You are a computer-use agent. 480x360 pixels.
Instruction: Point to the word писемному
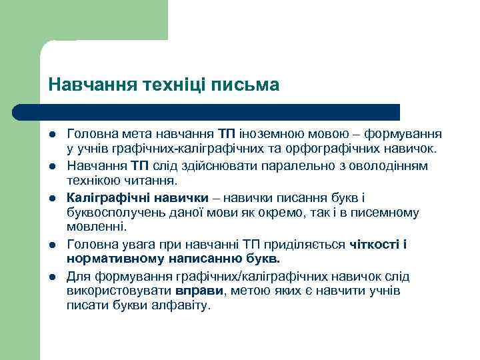click(385, 213)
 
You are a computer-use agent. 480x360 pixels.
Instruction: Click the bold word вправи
click(195, 291)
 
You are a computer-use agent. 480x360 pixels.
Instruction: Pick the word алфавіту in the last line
click(181, 306)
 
